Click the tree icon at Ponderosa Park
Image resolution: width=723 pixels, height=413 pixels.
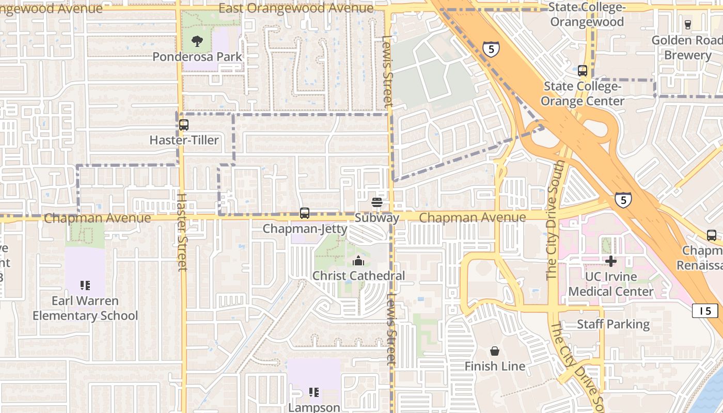[x=197, y=41]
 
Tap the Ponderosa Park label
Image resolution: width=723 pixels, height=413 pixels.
[x=197, y=57]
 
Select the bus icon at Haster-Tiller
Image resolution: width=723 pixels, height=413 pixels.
[x=184, y=125]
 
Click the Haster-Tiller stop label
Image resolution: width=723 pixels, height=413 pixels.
[x=184, y=140]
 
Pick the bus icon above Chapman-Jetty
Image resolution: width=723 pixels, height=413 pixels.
[x=305, y=213]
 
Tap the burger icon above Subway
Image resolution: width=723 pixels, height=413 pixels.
[x=377, y=202]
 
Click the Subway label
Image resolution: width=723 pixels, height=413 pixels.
[x=377, y=218]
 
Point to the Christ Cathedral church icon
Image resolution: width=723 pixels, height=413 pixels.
[x=358, y=261]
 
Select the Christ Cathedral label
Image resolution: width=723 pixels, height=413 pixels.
[x=358, y=276]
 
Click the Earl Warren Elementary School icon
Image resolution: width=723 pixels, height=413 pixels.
[x=85, y=285]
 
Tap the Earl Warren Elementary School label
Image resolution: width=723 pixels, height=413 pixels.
[x=85, y=308]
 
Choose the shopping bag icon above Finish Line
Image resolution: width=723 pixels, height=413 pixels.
[x=495, y=351]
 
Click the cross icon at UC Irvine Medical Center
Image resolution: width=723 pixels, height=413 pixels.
[x=611, y=261]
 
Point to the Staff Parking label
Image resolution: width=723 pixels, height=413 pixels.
[x=613, y=324]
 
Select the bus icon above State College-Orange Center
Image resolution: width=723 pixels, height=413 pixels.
[x=583, y=71]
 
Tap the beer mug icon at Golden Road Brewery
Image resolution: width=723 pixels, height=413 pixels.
[x=687, y=24]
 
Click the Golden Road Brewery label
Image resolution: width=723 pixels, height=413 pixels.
[x=687, y=47]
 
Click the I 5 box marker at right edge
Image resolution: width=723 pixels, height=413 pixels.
[x=705, y=311]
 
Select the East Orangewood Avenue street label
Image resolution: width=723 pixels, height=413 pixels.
[x=296, y=8]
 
